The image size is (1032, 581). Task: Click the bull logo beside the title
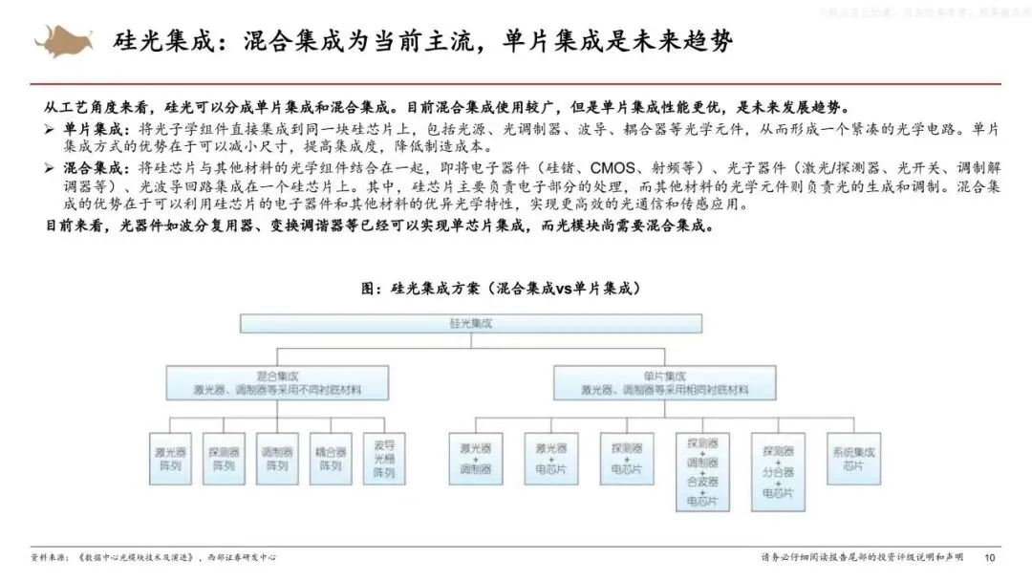pos(64,41)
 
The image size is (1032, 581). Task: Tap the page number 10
pos(990,557)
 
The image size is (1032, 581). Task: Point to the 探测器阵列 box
pos(224,458)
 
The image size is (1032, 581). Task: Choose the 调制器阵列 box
pos(277,458)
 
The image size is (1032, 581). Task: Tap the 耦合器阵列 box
pos(331,458)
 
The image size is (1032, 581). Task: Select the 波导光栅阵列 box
pos(384,458)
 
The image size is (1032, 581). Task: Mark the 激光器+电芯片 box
pos(550,458)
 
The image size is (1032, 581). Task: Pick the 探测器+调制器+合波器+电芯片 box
pos(702,471)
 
